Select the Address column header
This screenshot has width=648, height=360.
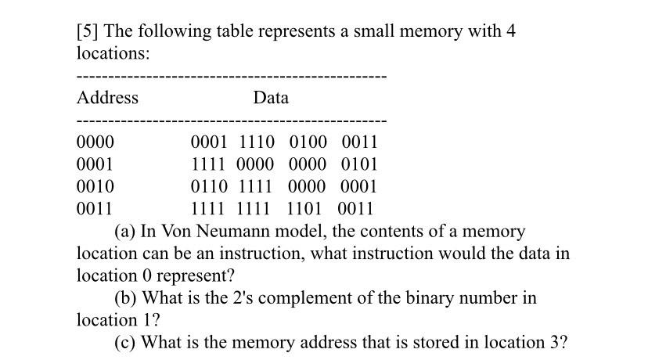(107, 98)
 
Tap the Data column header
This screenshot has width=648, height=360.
(271, 98)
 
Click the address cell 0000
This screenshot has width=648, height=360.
(95, 142)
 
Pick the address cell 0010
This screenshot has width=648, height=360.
(95, 186)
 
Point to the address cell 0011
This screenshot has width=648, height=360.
(95, 209)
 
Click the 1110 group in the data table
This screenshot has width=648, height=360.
(257, 142)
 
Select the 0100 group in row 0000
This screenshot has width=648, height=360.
(308, 142)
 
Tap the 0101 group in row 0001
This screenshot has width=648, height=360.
(359, 164)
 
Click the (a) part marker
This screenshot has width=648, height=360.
(125, 232)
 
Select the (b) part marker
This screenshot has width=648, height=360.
(126, 298)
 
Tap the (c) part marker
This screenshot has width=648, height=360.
(125, 343)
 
